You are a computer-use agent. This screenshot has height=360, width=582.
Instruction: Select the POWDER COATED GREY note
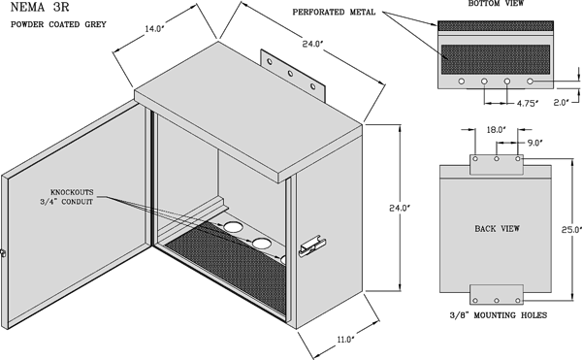pyautogui.click(x=58, y=24)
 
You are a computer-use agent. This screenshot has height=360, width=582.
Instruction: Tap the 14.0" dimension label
pyautogui.click(x=154, y=29)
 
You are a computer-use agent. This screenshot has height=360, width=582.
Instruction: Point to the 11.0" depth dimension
pyautogui.click(x=345, y=340)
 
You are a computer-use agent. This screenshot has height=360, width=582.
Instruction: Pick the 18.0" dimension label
pyautogui.click(x=497, y=130)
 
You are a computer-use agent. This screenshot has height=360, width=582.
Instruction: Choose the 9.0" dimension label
pyautogui.click(x=535, y=143)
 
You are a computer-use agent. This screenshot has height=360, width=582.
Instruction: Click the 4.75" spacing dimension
pyautogui.click(x=528, y=103)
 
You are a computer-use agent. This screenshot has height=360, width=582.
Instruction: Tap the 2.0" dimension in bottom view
pyautogui.click(x=562, y=102)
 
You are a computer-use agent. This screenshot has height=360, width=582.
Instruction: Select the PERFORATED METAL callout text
pyautogui.click(x=334, y=13)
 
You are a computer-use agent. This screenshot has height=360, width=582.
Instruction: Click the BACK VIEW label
pyautogui.click(x=497, y=228)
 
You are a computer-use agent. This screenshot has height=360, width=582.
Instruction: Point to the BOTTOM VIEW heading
pyautogui.click(x=496, y=3)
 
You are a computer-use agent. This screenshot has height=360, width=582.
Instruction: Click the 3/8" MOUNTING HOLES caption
pyautogui.click(x=499, y=315)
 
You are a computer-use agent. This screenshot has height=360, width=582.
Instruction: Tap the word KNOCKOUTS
pyautogui.click(x=72, y=192)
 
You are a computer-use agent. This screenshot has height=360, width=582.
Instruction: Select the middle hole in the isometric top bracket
pyautogui.click(x=290, y=74)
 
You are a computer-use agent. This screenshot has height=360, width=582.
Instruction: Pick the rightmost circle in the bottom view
pyautogui.click(x=530, y=81)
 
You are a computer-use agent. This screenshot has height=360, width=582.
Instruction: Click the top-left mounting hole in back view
pyautogui.click(x=475, y=159)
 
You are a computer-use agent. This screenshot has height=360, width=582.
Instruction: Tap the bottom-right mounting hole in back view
pyautogui.click(x=517, y=300)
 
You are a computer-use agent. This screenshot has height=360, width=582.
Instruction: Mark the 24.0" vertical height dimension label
pyautogui.click(x=400, y=209)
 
